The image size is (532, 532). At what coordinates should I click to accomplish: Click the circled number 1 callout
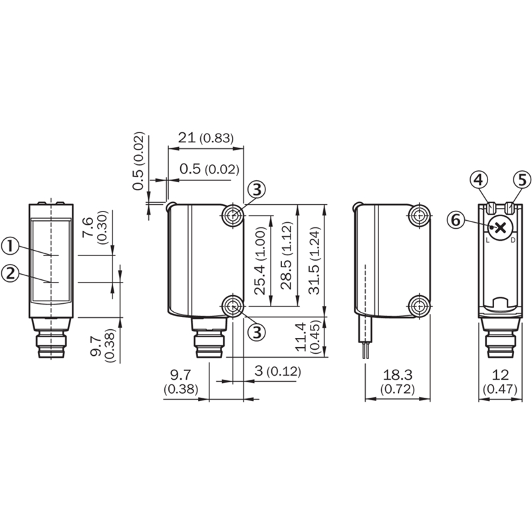click(x=10, y=246)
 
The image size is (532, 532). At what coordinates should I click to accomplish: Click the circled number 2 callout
click(x=10, y=273)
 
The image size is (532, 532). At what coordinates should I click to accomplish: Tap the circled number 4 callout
click(x=478, y=180)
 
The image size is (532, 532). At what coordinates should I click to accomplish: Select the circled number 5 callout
click(x=523, y=180)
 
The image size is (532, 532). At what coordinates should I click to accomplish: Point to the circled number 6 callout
click(x=456, y=220)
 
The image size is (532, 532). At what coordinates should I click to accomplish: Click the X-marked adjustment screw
click(x=501, y=228)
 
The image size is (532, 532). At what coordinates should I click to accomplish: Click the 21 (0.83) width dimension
click(x=206, y=138)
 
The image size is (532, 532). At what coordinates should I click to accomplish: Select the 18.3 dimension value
click(x=398, y=375)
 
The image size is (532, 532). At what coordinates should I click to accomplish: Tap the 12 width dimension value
click(x=501, y=375)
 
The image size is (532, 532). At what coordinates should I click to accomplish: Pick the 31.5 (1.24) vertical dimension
click(x=314, y=260)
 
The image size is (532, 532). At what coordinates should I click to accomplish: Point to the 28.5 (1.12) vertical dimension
click(x=287, y=255)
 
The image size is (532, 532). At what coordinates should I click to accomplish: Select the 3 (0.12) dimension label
click(x=277, y=371)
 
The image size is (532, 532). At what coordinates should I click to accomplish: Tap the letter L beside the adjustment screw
click(x=487, y=241)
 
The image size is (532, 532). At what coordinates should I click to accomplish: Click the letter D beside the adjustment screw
click(x=513, y=241)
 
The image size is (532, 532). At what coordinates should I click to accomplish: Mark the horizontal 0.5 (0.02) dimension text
click(x=209, y=169)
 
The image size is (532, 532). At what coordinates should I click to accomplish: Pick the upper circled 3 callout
click(x=257, y=190)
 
